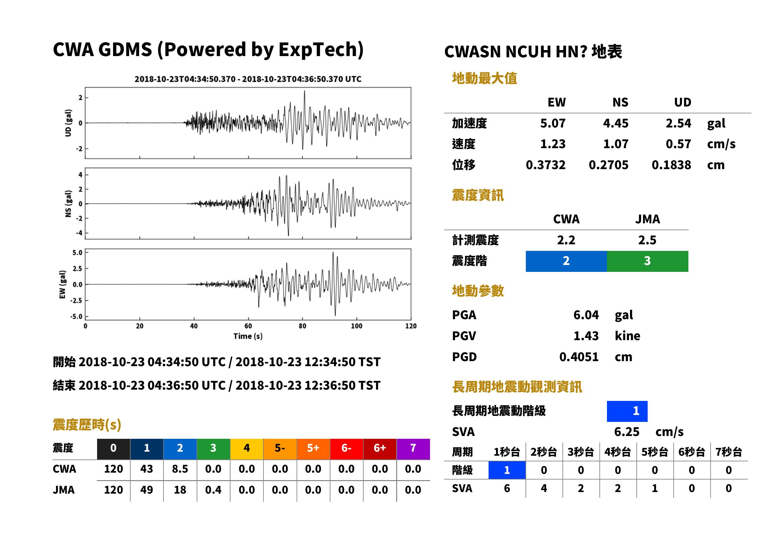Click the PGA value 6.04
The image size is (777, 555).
click(x=586, y=315)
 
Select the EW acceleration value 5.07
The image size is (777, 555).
click(x=552, y=123)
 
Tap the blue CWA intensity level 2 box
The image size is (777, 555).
click(x=566, y=261)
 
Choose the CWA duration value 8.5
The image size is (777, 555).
click(x=180, y=469)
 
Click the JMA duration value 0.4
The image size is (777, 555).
click(x=213, y=490)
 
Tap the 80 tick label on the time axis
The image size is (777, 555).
click(x=303, y=326)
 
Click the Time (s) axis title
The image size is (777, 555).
click(x=248, y=336)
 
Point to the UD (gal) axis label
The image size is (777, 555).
click(x=68, y=123)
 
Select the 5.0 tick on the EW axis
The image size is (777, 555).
click(x=77, y=252)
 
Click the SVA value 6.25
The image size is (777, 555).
click(x=626, y=432)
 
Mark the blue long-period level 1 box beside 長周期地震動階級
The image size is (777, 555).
click(x=627, y=411)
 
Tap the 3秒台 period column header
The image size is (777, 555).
click(x=581, y=452)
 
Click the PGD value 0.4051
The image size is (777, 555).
click(x=579, y=357)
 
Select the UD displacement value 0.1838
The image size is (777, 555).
click(x=671, y=165)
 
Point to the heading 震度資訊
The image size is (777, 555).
click(x=478, y=195)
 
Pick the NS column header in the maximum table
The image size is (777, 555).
click(x=620, y=102)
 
